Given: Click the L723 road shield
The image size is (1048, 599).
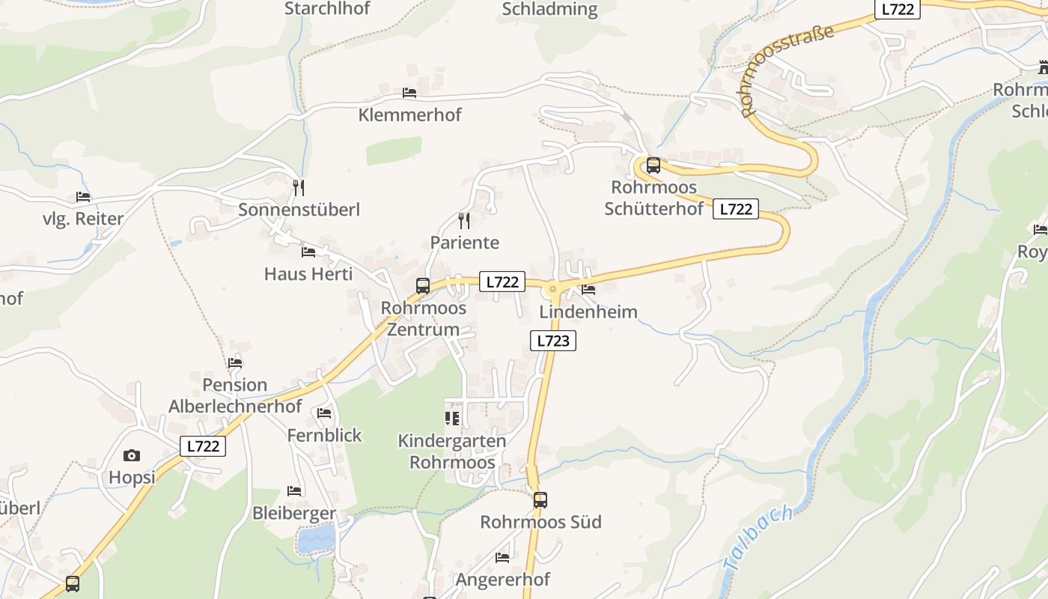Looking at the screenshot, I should tap(553, 341).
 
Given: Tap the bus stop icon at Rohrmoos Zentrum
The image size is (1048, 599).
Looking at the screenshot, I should tap(423, 285).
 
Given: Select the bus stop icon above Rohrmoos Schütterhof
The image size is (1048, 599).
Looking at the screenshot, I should tap(654, 165).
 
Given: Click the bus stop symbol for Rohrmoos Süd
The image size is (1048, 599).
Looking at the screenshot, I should tap(540, 499).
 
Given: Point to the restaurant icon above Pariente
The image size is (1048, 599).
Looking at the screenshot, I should tap(464, 220).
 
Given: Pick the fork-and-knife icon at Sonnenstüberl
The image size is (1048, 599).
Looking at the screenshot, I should tap(299, 187).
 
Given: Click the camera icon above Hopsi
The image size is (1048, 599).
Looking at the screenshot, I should tap(132, 455).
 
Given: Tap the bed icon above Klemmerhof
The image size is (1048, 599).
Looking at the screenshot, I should tap(409, 92).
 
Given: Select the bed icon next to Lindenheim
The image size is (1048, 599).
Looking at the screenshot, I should tap(588, 289).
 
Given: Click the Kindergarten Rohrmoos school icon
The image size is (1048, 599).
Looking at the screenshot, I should tap(451, 418).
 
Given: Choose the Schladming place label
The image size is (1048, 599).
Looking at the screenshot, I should tap(549, 9).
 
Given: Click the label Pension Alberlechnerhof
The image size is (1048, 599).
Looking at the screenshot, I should tap(235, 395).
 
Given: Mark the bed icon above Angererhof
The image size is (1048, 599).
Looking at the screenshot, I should tap(502, 557).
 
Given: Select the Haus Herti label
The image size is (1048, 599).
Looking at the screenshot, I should tap(308, 274).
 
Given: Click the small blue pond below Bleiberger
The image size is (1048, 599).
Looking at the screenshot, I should tap(317, 538).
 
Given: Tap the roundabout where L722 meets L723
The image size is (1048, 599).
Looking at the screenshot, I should tap(554, 288).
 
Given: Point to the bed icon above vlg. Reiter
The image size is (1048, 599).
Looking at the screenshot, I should tap(83, 197).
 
